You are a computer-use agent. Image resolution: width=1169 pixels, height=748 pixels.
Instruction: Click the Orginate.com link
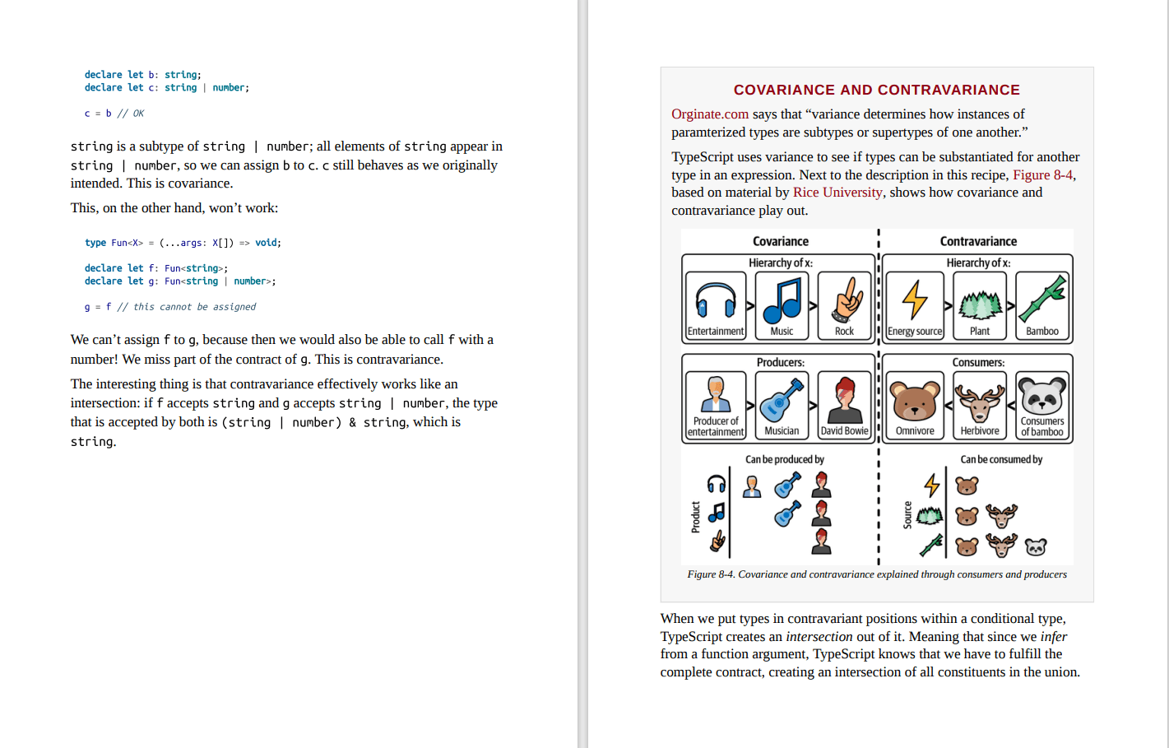(710, 114)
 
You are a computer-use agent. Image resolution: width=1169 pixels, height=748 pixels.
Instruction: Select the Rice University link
(837, 193)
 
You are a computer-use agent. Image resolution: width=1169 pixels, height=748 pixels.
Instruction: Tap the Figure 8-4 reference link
(1042, 175)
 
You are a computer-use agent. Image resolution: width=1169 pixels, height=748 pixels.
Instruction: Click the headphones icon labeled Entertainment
(715, 300)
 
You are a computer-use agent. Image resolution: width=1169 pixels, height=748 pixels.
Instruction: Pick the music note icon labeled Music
(782, 300)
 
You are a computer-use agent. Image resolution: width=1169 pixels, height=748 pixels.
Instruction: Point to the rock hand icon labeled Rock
(845, 300)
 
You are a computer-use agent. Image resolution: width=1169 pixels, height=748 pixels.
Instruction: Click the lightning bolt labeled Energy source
(915, 300)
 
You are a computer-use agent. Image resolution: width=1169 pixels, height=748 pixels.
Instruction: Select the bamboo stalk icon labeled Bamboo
(1042, 300)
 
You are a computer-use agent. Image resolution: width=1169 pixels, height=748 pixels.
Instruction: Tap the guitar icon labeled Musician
(782, 399)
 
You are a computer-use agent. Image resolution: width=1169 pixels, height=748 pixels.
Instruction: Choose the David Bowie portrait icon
(845, 399)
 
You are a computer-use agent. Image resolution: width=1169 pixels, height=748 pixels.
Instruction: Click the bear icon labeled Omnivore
(915, 401)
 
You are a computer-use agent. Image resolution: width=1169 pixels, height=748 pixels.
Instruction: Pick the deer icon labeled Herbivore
(979, 401)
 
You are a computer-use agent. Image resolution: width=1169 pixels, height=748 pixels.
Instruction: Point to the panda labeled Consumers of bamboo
(1042, 396)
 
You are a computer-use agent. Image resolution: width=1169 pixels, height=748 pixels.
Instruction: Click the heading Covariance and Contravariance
(876, 90)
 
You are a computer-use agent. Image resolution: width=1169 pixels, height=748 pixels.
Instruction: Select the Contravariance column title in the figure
(978, 241)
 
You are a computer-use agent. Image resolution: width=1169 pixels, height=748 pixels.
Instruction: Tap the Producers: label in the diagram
(780, 362)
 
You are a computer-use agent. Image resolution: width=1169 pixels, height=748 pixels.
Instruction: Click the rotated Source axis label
(907, 515)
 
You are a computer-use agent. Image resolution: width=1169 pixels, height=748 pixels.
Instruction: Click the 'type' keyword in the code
(95, 243)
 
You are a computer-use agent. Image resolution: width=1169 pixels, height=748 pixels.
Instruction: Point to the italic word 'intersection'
(819, 637)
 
